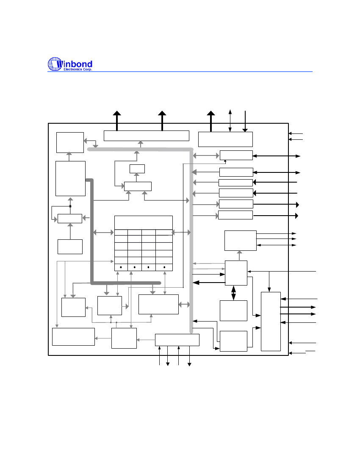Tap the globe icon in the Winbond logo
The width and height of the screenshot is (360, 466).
(55, 64)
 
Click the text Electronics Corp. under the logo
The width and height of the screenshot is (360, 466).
(78, 69)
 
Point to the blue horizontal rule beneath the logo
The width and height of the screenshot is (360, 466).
(180, 72)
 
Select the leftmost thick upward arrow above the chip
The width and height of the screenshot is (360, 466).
(117, 121)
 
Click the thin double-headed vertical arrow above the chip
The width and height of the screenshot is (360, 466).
(230, 120)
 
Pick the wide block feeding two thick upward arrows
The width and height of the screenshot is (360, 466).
(147, 136)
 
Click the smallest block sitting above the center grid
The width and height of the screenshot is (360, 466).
(137, 169)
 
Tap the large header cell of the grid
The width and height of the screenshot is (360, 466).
(144, 222)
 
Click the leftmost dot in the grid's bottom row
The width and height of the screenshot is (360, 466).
(121, 267)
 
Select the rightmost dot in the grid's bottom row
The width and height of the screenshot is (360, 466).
(164, 267)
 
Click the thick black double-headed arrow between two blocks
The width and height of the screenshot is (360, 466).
(233, 293)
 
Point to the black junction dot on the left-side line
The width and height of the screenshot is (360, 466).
(70, 206)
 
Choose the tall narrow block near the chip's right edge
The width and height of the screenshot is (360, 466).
(271, 322)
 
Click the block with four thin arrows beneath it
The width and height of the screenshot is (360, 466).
(177, 340)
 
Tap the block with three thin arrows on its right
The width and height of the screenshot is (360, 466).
(241, 241)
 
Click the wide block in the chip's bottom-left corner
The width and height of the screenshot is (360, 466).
(73, 337)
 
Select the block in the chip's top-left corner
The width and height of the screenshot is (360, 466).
(70, 143)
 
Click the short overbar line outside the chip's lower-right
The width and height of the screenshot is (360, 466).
(310, 351)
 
